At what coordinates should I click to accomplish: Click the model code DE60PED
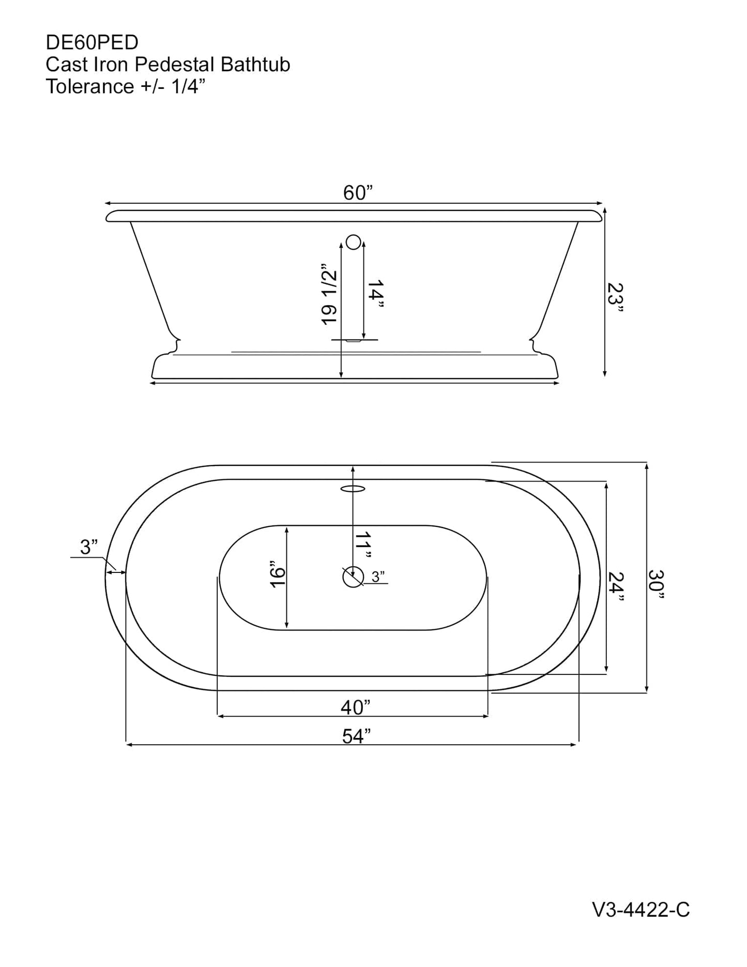92,42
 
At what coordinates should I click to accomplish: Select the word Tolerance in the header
90,86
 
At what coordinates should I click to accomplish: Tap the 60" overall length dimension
358,193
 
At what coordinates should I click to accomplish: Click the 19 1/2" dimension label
329,294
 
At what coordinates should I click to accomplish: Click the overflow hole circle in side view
353,241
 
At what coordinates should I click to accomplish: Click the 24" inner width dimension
616,586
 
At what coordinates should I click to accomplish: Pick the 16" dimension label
278,574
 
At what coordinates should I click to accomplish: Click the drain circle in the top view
353,577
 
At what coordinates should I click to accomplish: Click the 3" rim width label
89,547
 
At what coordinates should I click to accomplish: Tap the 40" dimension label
356,707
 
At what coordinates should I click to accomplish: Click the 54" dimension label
357,736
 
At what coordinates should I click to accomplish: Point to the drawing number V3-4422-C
641,910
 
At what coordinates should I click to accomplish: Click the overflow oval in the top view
353,488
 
